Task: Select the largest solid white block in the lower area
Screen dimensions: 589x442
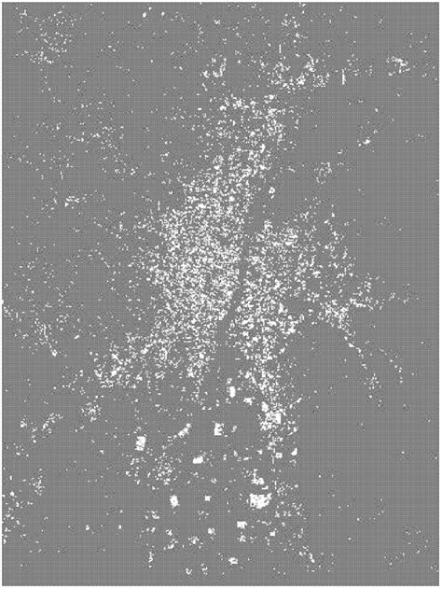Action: tap(259, 500)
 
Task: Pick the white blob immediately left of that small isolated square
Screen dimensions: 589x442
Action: tap(173, 501)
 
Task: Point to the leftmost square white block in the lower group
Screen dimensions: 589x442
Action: tap(140, 442)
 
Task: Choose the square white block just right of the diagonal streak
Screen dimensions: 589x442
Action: tap(218, 429)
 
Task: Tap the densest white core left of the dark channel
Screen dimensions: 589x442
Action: tap(200, 252)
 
